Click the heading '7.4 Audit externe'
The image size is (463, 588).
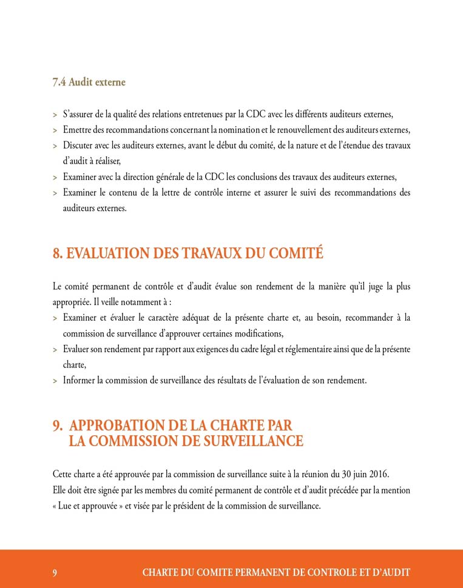click(x=89, y=82)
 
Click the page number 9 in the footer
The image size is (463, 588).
click(x=55, y=572)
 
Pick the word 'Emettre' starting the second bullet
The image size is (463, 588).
click(x=76, y=130)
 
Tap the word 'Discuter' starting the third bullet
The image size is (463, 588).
click(x=78, y=145)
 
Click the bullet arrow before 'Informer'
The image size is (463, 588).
click(x=55, y=381)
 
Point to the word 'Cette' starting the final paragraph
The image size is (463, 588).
click(x=63, y=473)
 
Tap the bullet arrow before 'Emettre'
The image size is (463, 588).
click(x=55, y=130)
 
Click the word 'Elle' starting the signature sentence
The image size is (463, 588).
click(x=59, y=490)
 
